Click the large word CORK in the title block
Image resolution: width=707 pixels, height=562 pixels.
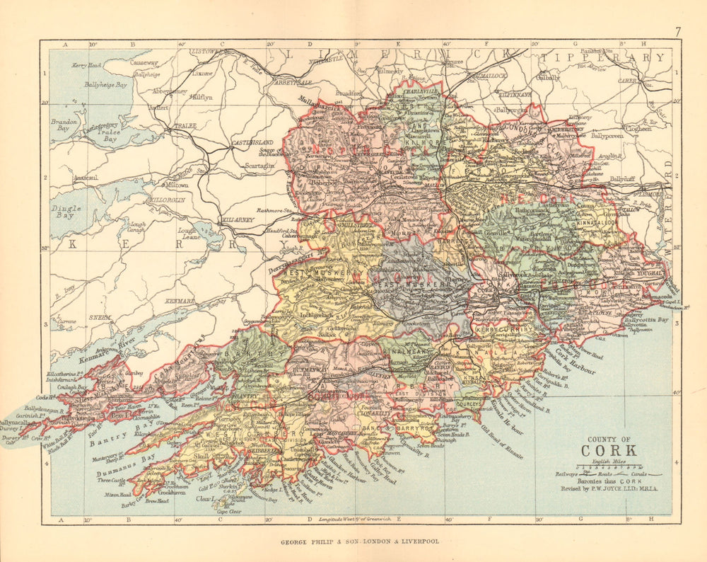[x=609, y=450]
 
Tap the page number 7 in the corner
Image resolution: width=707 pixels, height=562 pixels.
[x=677, y=31]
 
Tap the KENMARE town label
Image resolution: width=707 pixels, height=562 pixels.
[x=180, y=302]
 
